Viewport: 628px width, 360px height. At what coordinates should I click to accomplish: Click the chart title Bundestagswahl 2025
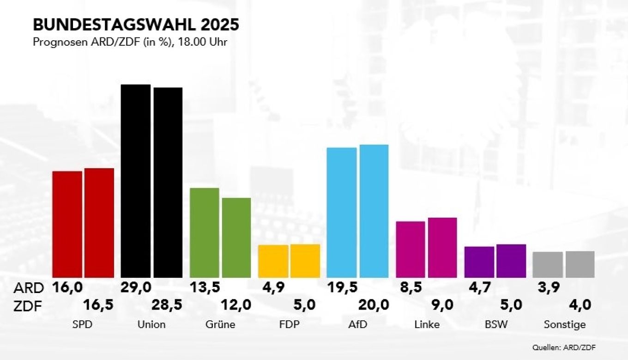click(x=136, y=25)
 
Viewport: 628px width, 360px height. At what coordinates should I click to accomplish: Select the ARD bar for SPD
click(x=67, y=224)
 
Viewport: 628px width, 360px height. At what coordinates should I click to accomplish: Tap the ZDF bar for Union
click(x=168, y=182)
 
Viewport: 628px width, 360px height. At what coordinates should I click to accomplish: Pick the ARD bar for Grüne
click(x=205, y=232)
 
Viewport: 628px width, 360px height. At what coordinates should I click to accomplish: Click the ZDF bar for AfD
click(x=374, y=211)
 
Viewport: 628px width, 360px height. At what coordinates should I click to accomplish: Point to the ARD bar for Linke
click(x=411, y=249)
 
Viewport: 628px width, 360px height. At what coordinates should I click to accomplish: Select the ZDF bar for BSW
click(x=511, y=261)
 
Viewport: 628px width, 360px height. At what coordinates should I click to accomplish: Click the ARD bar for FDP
click(x=273, y=261)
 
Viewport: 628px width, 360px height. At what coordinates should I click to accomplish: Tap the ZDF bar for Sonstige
click(x=580, y=264)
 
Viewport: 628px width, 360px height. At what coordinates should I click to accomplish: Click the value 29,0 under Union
click(x=136, y=287)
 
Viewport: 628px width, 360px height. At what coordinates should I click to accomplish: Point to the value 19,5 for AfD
click(x=343, y=287)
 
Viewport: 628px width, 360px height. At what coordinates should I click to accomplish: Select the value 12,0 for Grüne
click(x=236, y=305)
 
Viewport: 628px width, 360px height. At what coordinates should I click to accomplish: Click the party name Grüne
click(x=220, y=324)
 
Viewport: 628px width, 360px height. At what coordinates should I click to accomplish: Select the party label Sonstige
click(x=565, y=324)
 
